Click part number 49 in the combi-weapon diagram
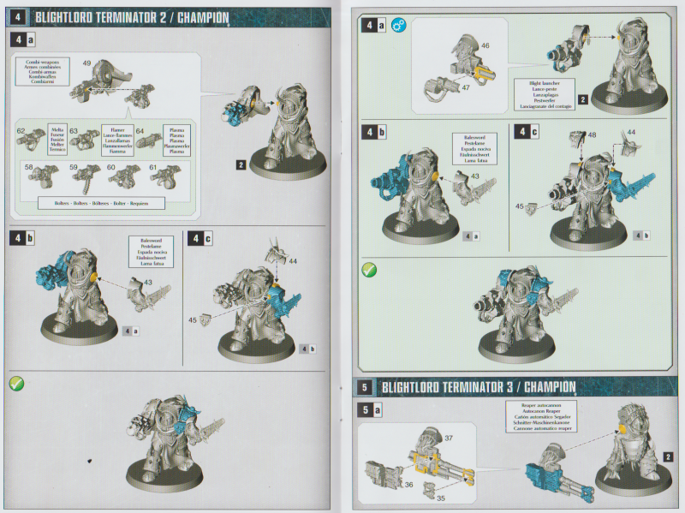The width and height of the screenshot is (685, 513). (86, 63)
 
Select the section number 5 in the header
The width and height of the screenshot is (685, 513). (366, 386)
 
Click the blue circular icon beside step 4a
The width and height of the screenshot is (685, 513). (398, 27)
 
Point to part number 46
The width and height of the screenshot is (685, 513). (485, 45)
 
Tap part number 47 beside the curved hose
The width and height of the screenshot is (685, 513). (466, 87)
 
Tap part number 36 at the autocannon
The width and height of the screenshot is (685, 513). (408, 485)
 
